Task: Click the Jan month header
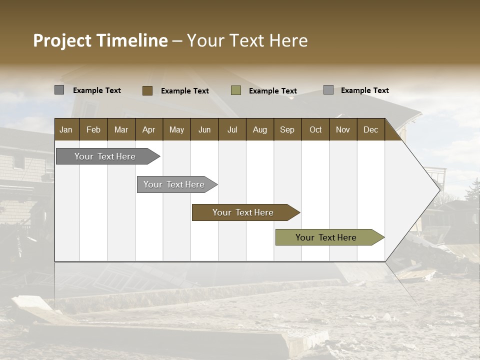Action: [66, 129]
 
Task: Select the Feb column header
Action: [93, 129]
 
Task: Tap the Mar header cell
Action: [121, 129]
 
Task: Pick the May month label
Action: [176, 129]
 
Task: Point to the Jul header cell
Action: [232, 129]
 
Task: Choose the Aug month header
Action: [260, 129]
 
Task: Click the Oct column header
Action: [315, 129]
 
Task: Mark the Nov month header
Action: [343, 129]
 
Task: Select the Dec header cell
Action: [370, 129]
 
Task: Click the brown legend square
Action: [147, 90]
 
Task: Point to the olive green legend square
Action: [236, 90]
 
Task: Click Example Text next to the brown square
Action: [185, 91]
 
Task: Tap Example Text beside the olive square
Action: [273, 91]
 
